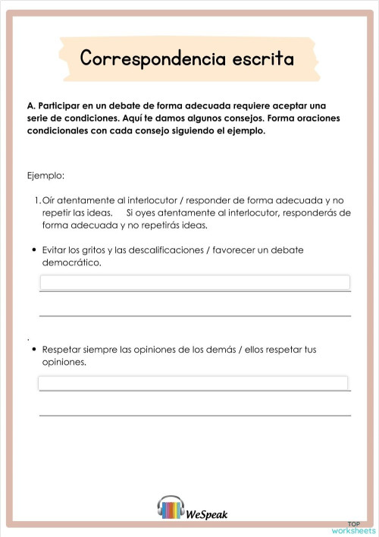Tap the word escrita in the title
click(258, 59)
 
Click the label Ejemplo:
click(45, 175)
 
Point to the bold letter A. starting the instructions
click(31, 105)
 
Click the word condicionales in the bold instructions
click(58, 130)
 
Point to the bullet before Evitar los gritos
click(34, 250)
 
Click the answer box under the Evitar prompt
click(194, 283)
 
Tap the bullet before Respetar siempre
click(34, 350)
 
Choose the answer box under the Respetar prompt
click(193, 383)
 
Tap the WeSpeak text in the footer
click(206, 514)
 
